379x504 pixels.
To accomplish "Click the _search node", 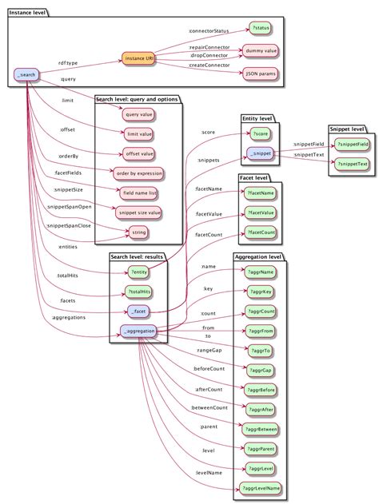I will point(27,75).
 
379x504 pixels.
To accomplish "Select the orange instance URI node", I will point(140,59).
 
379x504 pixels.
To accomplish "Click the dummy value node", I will point(261,50).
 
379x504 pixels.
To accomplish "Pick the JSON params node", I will point(261,73).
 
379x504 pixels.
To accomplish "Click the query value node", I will point(139,114).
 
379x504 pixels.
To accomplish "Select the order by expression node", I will point(139,173).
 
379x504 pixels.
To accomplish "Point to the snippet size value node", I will point(139,212).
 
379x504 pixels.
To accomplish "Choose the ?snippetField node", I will point(352,144).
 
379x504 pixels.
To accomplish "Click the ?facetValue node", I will point(261,212).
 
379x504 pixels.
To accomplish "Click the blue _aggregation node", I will point(139,331).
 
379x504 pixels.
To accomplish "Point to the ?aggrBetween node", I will point(261,428).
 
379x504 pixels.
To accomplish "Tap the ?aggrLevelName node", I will point(261,486).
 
